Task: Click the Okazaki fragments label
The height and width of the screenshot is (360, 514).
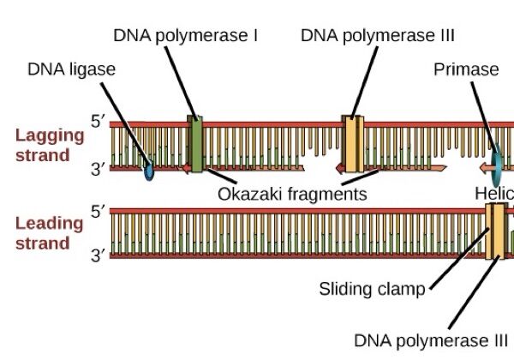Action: tap(292, 194)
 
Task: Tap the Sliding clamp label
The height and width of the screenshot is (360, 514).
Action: tap(372, 288)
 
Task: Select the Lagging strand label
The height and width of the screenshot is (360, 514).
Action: tap(42, 146)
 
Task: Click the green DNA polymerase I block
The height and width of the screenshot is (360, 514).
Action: tap(195, 143)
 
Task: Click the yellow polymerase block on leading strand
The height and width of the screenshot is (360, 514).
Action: tap(494, 231)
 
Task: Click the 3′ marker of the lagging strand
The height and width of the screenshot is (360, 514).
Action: tap(99, 170)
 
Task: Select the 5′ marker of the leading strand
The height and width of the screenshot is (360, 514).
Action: tap(99, 210)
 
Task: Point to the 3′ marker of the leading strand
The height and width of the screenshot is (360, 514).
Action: tap(99, 255)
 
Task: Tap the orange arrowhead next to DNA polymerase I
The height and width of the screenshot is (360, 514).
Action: tap(184, 169)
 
